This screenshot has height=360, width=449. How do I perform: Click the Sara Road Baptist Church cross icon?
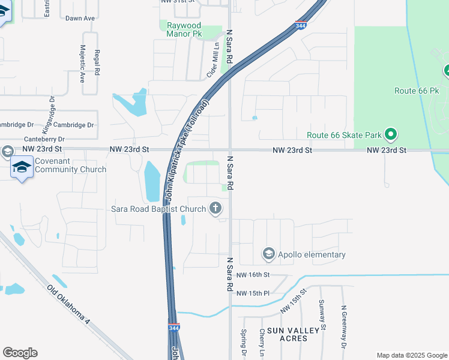pos(215,209)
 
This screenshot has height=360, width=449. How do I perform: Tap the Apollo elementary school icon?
pos(268,254)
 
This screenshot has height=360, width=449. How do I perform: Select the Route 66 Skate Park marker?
pos(391,134)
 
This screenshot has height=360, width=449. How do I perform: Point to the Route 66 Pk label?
pos(417,91)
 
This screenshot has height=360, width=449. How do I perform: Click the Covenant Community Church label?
pos(62,165)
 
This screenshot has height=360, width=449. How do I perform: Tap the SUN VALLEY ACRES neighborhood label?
pos(287,334)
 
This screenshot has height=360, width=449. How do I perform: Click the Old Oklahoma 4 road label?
pos(68,305)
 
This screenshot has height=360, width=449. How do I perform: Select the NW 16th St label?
pos(253,274)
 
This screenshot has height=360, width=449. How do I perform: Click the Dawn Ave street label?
pos(80,19)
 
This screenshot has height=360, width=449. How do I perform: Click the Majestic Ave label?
pos(82,64)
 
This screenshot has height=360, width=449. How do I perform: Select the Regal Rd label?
pos(97,62)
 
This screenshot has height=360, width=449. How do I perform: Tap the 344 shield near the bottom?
pos(173,328)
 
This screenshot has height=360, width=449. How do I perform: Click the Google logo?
pos(20,353)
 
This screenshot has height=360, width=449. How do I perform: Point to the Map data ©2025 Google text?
pos(411,355)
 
